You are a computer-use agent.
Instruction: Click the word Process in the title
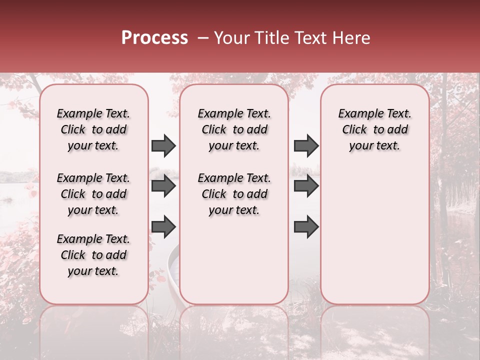tap(154, 38)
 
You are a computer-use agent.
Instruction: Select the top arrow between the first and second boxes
tap(163, 145)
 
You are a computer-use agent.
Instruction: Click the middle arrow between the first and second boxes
tap(163, 186)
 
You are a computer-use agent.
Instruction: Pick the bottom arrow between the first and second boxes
tap(163, 227)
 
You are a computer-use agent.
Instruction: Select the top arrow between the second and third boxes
tap(306, 145)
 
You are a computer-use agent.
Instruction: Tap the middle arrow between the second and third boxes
tap(306, 186)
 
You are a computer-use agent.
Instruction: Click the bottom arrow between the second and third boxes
tap(306, 227)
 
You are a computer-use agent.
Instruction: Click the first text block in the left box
tap(93, 129)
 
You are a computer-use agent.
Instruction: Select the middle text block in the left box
tap(93, 194)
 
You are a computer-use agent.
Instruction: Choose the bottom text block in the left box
tap(93, 255)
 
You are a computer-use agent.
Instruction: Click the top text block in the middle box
tap(234, 129)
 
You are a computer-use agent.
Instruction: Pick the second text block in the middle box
tap(234, 194)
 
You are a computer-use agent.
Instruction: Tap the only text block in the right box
tap(374, 129)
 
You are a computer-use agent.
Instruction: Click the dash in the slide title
tap(202, 38)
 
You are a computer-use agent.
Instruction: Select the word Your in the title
tap(230, 38)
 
